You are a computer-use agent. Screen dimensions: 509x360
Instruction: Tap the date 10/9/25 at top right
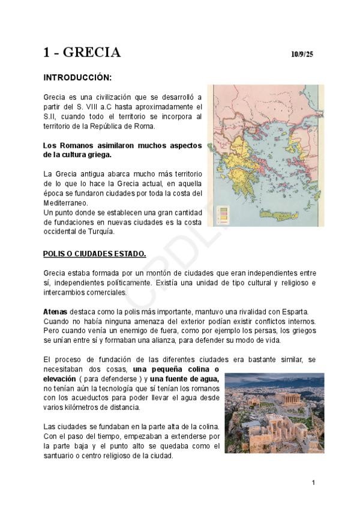(x=302, y=55)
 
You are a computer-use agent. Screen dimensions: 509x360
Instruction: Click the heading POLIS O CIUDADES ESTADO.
(x=94, y=253)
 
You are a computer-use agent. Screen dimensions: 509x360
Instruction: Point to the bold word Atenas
(x=55, y=312)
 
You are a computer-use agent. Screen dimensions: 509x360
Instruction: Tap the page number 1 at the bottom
(x=313, y=483)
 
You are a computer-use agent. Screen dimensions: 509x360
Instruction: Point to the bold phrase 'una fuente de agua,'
(x=185, y=379)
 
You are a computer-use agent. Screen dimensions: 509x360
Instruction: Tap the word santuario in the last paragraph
(x=61, y=455)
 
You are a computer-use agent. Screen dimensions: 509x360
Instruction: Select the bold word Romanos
(x=77, y=145)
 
